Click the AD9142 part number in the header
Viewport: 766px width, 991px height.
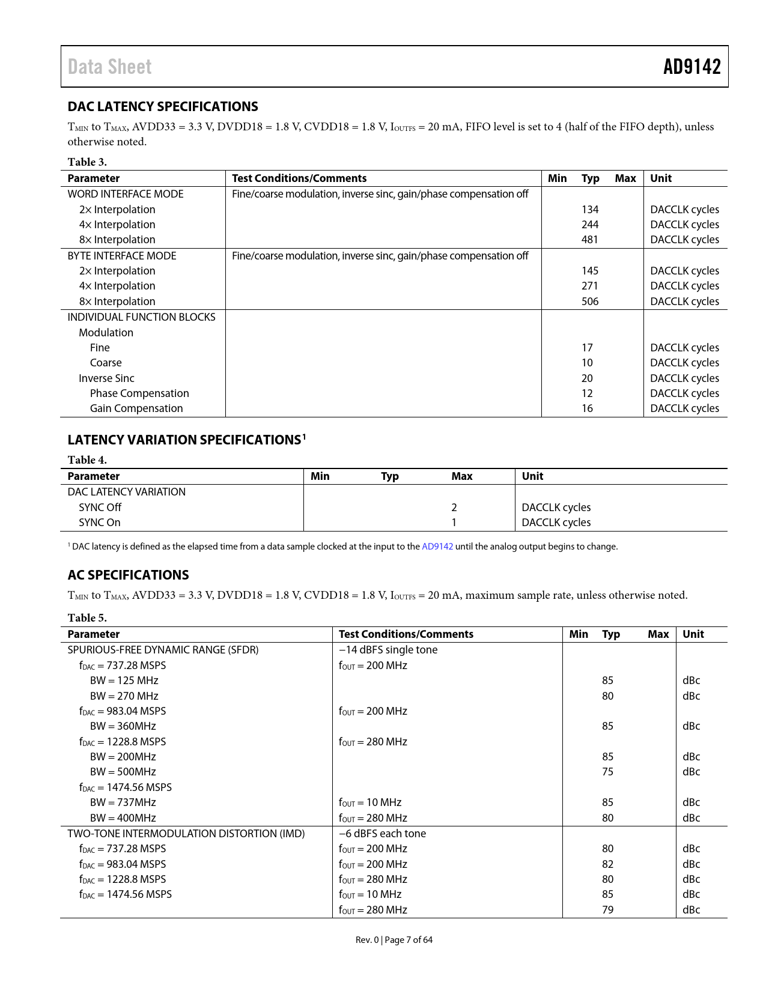click(x=692, y=67)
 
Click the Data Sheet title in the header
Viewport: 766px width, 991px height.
click(x=109, y=67)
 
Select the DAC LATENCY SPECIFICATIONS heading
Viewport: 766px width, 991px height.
click(x=163, y=106)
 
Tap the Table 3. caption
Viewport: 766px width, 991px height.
click(x=87, y=162)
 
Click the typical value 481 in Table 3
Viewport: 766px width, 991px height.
click(x=590, y=240)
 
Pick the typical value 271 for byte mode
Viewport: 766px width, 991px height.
click(x=590, y=286)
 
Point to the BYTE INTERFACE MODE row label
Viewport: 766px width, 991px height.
click(x=122, y=256)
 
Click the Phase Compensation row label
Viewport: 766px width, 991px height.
click(x=139, y=393)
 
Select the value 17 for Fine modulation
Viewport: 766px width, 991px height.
click(x=587, y=348)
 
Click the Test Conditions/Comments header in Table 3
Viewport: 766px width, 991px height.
click(x=299, y=178)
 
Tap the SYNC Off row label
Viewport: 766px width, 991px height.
click(x=100, y=508)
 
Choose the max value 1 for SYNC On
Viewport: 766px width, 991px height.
click(x=454, y=523)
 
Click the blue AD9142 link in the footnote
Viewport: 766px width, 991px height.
click(x=437, y=547)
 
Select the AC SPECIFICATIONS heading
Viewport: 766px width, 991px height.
click(x=128, y=575)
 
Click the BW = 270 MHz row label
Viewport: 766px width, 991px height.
click(x=124, y=696)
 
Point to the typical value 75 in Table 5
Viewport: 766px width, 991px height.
click(x=608, y=772)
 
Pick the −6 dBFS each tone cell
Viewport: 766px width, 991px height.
click(x=383, y=834)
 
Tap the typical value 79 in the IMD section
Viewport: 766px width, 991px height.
click(x=608, y=910)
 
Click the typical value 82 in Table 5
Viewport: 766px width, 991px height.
click(x=608, y=864)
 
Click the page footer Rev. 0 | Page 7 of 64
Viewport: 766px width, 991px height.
click(x=394, y=940)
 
